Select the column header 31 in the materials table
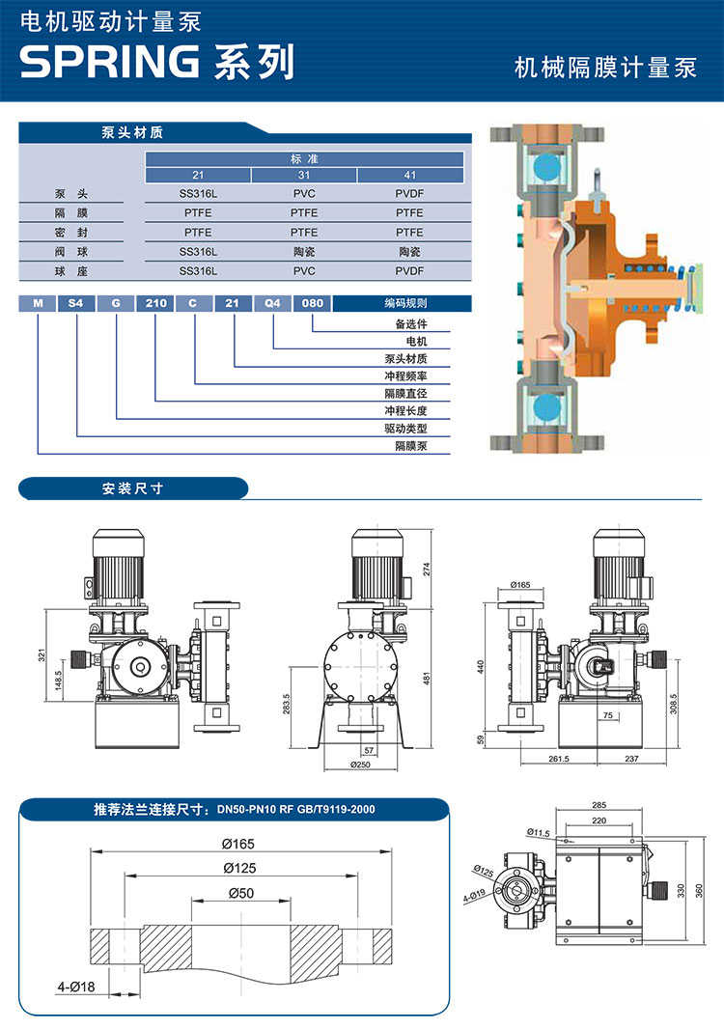click(304, 175)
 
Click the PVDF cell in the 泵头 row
click(409, 193)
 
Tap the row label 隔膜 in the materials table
click(65, 212)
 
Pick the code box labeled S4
click(76, 303)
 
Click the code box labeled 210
click(155, 303)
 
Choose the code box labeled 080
click(312, 303)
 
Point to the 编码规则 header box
click(404, 303)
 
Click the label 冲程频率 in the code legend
click(405, 376)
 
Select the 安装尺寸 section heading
click(132, 488)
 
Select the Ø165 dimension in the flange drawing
click(241, 843)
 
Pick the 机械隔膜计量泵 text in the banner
click(605, 68)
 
